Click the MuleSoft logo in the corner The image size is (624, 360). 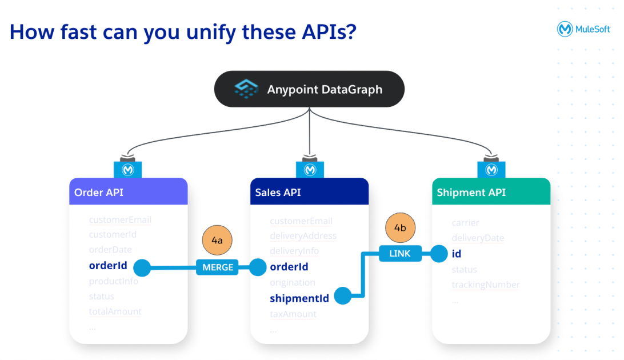tap(584, 29)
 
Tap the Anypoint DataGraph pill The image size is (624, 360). tap(309, 89)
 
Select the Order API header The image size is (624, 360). tap(128, 192)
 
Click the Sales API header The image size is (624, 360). tap(309, 192)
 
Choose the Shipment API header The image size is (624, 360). tap(491, 192)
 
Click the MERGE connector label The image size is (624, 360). tap(217, 267)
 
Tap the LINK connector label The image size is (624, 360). tap(399, 253)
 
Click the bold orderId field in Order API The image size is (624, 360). tap(108, 266)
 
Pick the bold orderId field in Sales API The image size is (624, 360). tap(289, 267)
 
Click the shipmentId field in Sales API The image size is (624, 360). tap(299, 298)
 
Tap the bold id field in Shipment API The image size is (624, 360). tap(456, 254)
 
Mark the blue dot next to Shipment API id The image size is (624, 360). tap(439, 253)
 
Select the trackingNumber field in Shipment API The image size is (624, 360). tap(486, 285)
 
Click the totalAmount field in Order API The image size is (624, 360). tap(115, 311)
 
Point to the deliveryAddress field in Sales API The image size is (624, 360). tap(303, 236)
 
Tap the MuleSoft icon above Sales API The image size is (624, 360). tap(310, 170)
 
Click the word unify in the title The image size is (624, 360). tap(207, 32)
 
